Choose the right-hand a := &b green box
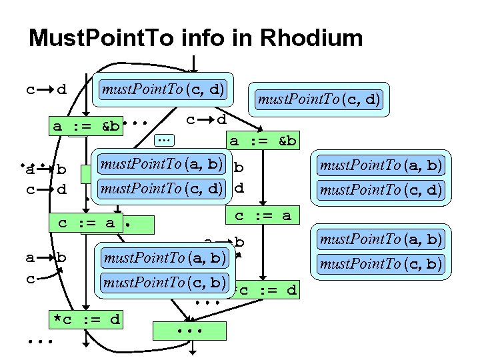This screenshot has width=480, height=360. [x=263, y=141]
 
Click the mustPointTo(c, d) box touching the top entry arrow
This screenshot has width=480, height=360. [x=163, y=89]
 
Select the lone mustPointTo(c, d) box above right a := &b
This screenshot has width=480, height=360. [x=319, y=99]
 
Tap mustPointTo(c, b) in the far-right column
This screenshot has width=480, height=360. [x=380, y=264]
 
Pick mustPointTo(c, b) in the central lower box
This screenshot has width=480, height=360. [x=163, y=282]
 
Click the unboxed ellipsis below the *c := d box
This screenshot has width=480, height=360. [x=39, y=343]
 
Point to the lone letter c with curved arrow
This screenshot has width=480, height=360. [x=30, y=279]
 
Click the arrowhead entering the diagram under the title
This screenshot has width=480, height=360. [x=193, y=67]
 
